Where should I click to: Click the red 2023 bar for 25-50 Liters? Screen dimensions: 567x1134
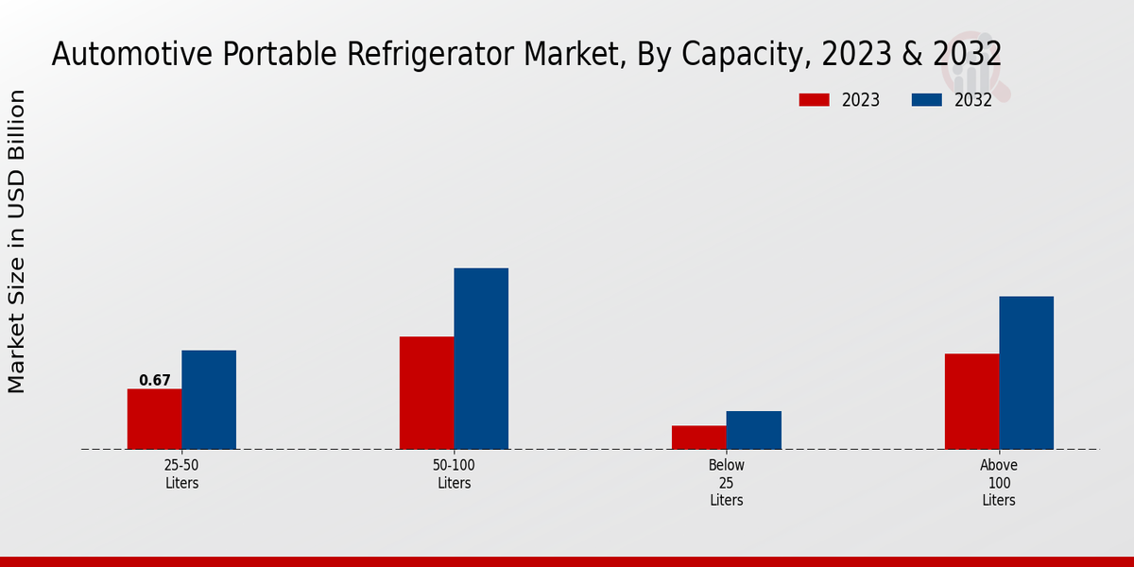tap(155, 419)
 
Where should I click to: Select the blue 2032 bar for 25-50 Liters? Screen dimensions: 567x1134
tap(209, 400)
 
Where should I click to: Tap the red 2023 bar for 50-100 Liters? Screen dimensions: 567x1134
tap(426, 393)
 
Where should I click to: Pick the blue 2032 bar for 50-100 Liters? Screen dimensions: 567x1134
tap(481, 359)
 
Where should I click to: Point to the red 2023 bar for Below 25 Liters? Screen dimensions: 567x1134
tap(699, 438)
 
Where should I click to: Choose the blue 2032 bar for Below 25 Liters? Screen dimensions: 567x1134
tap(754, 430)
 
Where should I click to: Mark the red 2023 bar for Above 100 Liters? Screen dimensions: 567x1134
tap(971, 402)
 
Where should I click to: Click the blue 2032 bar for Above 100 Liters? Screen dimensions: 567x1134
tap(1026, 373)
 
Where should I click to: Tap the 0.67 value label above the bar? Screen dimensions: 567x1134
tap(155, 381)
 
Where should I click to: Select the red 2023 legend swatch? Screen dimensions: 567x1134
tap(815, 99)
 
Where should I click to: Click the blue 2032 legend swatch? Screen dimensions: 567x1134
tap(927, 99)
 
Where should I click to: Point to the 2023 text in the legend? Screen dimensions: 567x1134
tap(861, 100)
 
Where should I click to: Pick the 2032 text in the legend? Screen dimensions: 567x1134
tap(973, 100)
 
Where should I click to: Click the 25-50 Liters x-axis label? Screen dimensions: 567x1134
tap(181, 474)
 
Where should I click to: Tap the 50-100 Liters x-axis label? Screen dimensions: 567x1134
tap(454, 474)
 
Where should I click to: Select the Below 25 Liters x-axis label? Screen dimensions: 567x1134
tap(727, 483)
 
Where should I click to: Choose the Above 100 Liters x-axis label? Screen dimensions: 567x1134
tap(999, 483)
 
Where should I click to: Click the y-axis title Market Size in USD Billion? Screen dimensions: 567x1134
tap(17, 241)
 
